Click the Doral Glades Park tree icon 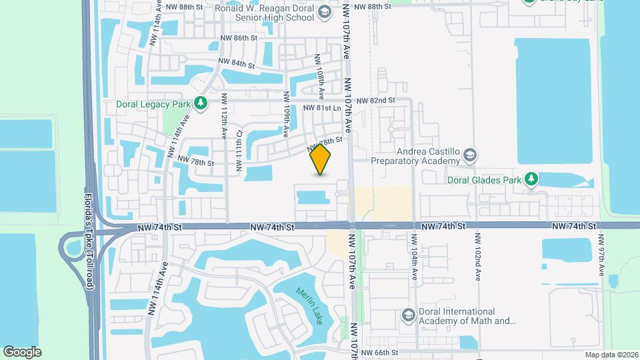[x=531, y=179]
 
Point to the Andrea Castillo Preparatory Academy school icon [x=470, y=155]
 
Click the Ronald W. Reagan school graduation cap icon [x=324, y=11]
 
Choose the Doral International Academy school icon [x=407, y=315]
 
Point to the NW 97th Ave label [x=601, y=256]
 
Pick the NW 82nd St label [x=376, y=101]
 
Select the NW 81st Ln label [x=322, y=108]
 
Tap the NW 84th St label [x=237, y=64]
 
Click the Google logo [x=22, y=351]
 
